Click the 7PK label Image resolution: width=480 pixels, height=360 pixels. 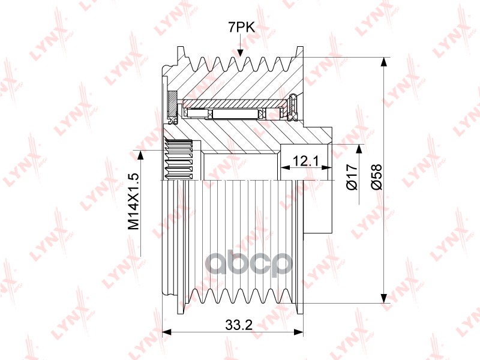click(x=241, y=28)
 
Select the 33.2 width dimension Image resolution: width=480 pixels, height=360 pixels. click(x=239, y=325)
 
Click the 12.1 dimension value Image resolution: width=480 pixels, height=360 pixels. click(x=305, y=160)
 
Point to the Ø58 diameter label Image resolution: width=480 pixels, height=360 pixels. click(x=377, y=176)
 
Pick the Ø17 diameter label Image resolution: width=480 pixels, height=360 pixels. click(x=352, y=176)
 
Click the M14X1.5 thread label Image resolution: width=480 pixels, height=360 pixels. click(x=134, y=202)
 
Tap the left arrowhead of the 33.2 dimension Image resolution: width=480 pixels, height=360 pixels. click(x=166, y=332)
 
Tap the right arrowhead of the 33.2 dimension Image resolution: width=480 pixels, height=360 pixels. click(x=298, y=332)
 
